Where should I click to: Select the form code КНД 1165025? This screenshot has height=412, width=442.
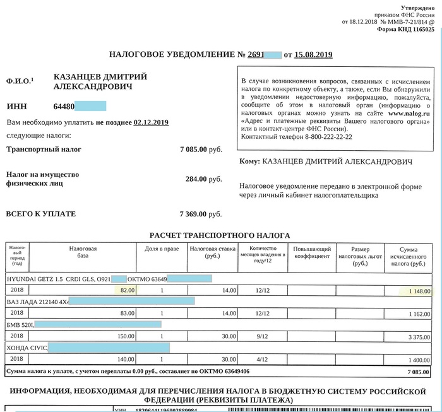click(x=412, y=29)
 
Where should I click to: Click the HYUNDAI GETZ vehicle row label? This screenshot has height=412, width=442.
click(x=57, y=278)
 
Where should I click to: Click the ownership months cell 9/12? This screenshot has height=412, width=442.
click(x=262, y=336)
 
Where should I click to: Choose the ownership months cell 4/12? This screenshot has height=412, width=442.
click(x=262, y=359)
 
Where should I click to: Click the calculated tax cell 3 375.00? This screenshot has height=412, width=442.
click(x=417, y=336)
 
